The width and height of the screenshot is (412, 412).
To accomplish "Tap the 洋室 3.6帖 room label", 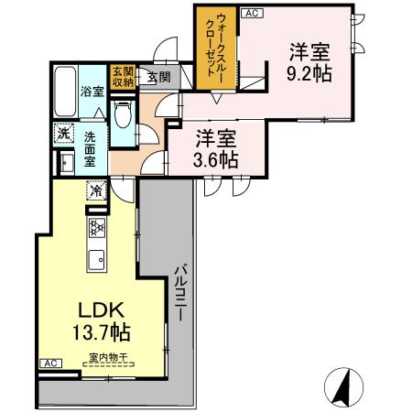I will point(216,148).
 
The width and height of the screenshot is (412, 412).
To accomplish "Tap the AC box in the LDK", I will point(52,363).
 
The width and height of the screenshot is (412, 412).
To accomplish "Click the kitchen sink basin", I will point(96,259).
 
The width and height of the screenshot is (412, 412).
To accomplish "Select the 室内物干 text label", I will point(108,356).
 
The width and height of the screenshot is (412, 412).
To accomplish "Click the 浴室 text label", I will point(91,92).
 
